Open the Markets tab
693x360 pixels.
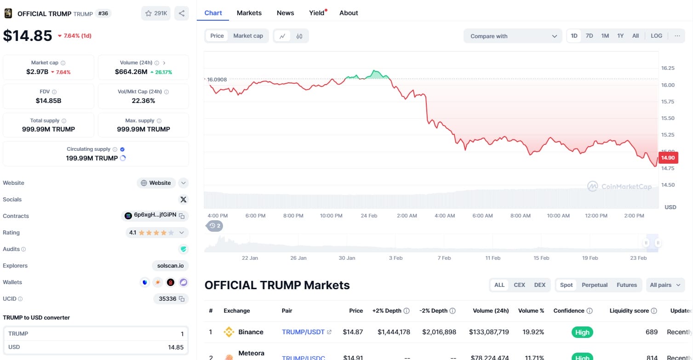249,13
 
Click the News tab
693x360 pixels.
285,13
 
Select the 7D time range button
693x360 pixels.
589,36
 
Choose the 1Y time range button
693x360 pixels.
620,36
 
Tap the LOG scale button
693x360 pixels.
656,36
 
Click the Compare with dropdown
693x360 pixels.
513,36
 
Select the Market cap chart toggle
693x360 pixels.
248,36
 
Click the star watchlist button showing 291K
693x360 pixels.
156,13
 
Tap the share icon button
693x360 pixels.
182,13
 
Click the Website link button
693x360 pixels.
156,183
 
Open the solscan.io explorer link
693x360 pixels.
170,266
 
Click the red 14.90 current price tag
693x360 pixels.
668,158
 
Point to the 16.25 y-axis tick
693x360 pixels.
668,68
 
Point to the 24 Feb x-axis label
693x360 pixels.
369,216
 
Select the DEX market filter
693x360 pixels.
539,285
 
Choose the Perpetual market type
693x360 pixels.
595,285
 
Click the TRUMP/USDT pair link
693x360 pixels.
304,332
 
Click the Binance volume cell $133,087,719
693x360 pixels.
489,332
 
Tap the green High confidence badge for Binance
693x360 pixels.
582,332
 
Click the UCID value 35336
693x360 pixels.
167,299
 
